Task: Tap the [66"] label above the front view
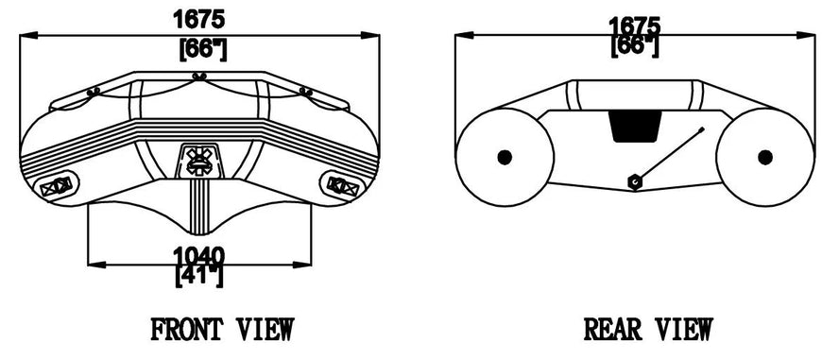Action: (x=201, y=47)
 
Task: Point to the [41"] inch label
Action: (x=199, y=275)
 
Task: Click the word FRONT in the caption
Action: (x=185, y=330)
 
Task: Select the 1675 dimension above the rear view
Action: (x=634, y=25)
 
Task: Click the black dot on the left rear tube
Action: (x=503, y=157)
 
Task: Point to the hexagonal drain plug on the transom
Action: (x=635, y=180)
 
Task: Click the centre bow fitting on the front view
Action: (x=198, y=160)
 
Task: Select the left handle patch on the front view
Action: (x=60, y=185)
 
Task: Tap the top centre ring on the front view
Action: (x=197, y=77)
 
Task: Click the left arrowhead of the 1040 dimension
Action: (x=92, y=264)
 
